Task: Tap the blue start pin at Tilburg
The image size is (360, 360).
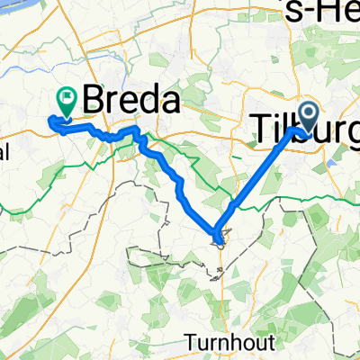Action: pos(307,115)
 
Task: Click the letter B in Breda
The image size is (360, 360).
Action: pos(95,101)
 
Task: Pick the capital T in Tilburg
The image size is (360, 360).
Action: pos(256,128)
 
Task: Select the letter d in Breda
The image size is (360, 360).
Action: pos(148,101)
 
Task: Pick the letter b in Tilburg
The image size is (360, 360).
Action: pos(297,128)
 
